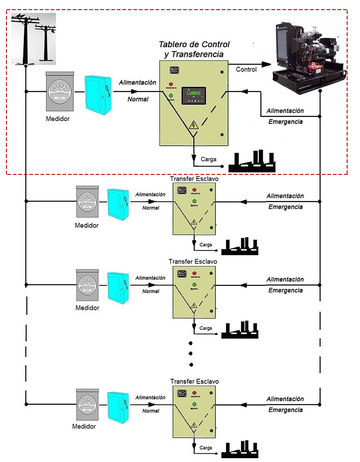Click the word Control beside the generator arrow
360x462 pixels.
246,69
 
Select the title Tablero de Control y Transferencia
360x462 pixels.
194,49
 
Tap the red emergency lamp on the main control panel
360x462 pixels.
171,84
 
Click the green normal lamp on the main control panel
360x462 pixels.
171,96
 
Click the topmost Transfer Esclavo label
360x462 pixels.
194,178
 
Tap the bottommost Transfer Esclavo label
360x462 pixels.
194,381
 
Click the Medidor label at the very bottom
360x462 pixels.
84,426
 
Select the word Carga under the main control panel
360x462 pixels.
208,159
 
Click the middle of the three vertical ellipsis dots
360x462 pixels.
190,354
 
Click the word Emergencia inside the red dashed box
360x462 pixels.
286,122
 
